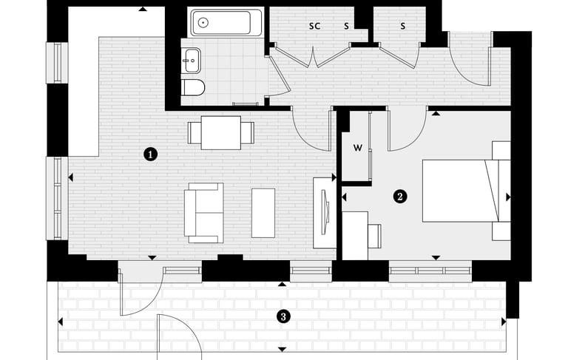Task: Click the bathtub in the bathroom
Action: click(x=226, y=23)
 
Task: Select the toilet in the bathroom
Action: click(x=193, y=89)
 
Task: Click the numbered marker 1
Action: click(x=151, y=154)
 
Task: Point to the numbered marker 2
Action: click(x=400, y=197)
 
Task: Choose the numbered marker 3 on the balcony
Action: click(x=282, y=316)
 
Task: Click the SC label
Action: click(x=314, y=26)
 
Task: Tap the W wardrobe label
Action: click(x=357, y=148)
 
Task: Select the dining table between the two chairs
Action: click(x=221, y=132)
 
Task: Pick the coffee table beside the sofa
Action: click(x=263, y=213)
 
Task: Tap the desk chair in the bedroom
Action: click(x=374, y=236)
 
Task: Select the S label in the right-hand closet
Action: click(x=403, y=26)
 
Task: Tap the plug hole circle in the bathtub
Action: click(x=203, y=23)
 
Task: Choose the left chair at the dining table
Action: click(x=194, y=132)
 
